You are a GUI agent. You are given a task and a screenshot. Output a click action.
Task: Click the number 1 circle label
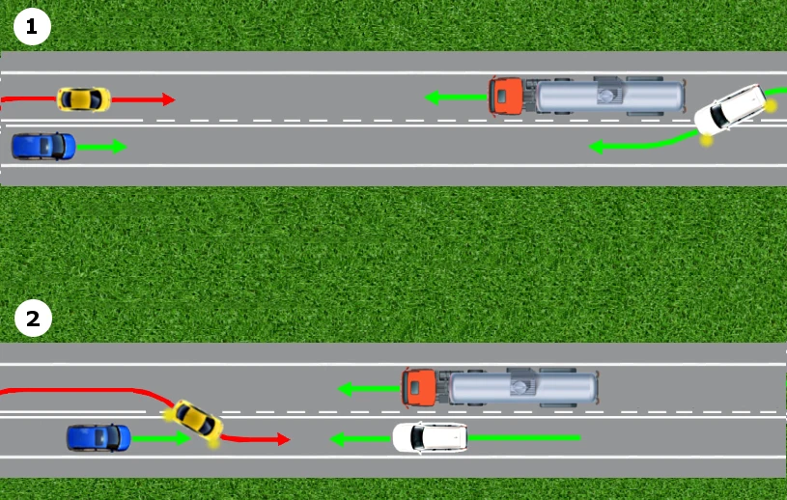tap(32, 27)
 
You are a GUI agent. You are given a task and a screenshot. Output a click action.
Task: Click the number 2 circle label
tap(33, 319)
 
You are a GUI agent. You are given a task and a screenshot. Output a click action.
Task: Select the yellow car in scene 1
tap(84, 99)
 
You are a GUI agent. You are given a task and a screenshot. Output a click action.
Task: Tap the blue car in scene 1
tap(43, 147)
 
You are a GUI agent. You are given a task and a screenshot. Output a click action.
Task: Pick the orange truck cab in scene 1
tap(506, 97)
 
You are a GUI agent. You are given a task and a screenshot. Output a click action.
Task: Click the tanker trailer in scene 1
tap(607, 96)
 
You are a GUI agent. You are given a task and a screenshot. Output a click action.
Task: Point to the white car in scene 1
tap(731, 110)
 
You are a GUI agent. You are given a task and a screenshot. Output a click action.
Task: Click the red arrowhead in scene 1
tap(169, 99)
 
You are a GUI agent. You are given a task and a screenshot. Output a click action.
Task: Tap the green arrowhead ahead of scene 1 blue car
tap(120, 147)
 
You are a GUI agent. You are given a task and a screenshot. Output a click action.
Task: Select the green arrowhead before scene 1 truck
tap(433, 97)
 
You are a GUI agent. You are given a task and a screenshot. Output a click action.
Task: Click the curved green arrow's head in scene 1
tap(596, 147)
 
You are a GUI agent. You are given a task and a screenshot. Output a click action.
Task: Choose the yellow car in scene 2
tap(195, 420)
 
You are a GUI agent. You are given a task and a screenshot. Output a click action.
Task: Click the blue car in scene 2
tap(98, 438)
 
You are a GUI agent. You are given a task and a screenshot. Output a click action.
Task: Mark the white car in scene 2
tap(430, 438)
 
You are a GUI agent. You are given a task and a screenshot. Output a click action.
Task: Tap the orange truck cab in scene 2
tap(418, 388)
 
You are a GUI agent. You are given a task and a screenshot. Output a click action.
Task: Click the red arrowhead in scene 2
tap(284, 440)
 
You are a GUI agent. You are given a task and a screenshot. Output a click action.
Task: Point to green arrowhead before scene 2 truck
tap(345, 389)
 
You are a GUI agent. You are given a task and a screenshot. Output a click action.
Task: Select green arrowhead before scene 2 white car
tap(338, 440)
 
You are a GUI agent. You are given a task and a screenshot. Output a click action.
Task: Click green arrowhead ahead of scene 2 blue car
tap(183, 439)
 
